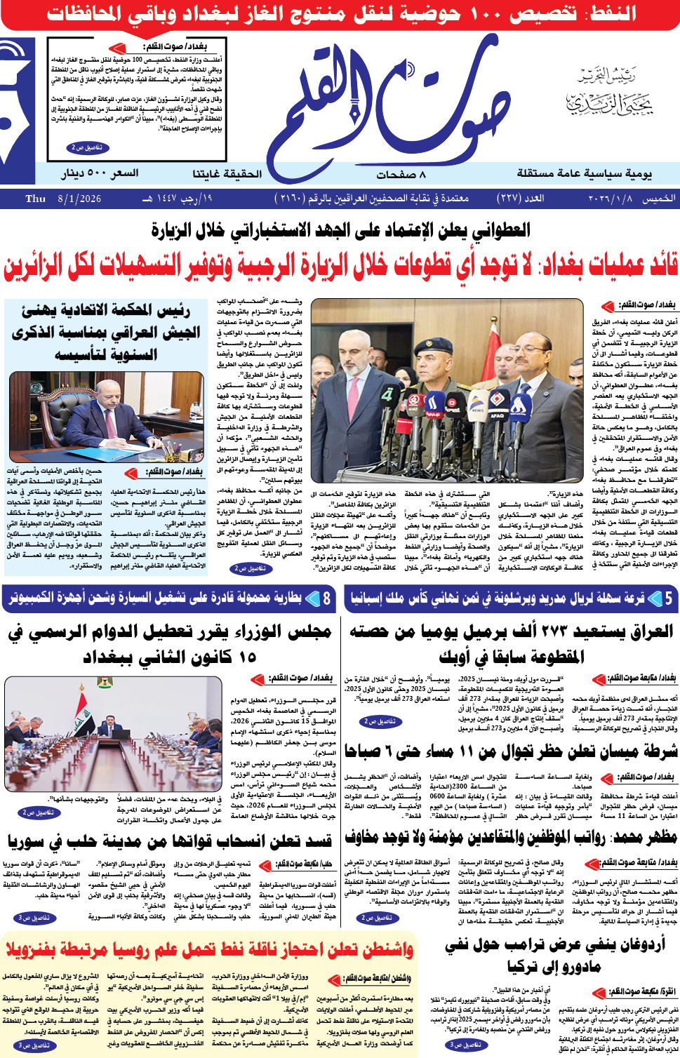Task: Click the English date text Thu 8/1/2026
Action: pyautogui.click(x=63, y=199)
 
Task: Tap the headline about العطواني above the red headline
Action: pyautogui.click(x=341, y=229)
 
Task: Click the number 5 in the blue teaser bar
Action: pyautogui.click(x=669, y=598)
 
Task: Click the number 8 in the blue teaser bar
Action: pyautogui.click(x=327, y=598)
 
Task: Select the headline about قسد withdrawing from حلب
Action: pyautogui.click(x=169, y=840)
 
